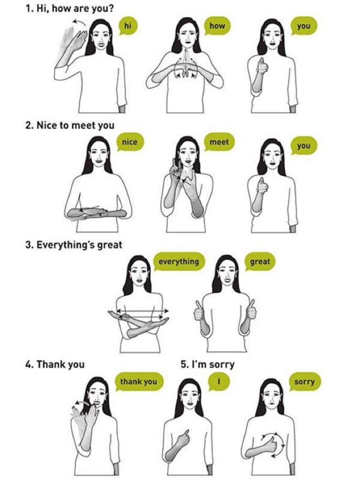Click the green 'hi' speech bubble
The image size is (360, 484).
[128, 25]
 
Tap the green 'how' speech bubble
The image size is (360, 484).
[217, 25]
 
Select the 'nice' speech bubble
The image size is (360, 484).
[129, 142]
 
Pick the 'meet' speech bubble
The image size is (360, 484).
[219, 142]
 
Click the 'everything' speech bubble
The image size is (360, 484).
[179, 261]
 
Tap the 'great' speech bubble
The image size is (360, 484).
[260, 261]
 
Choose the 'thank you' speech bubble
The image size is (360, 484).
[138, 381]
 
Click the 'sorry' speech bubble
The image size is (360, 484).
[304, 381]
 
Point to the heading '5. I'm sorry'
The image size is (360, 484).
[207, 364]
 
